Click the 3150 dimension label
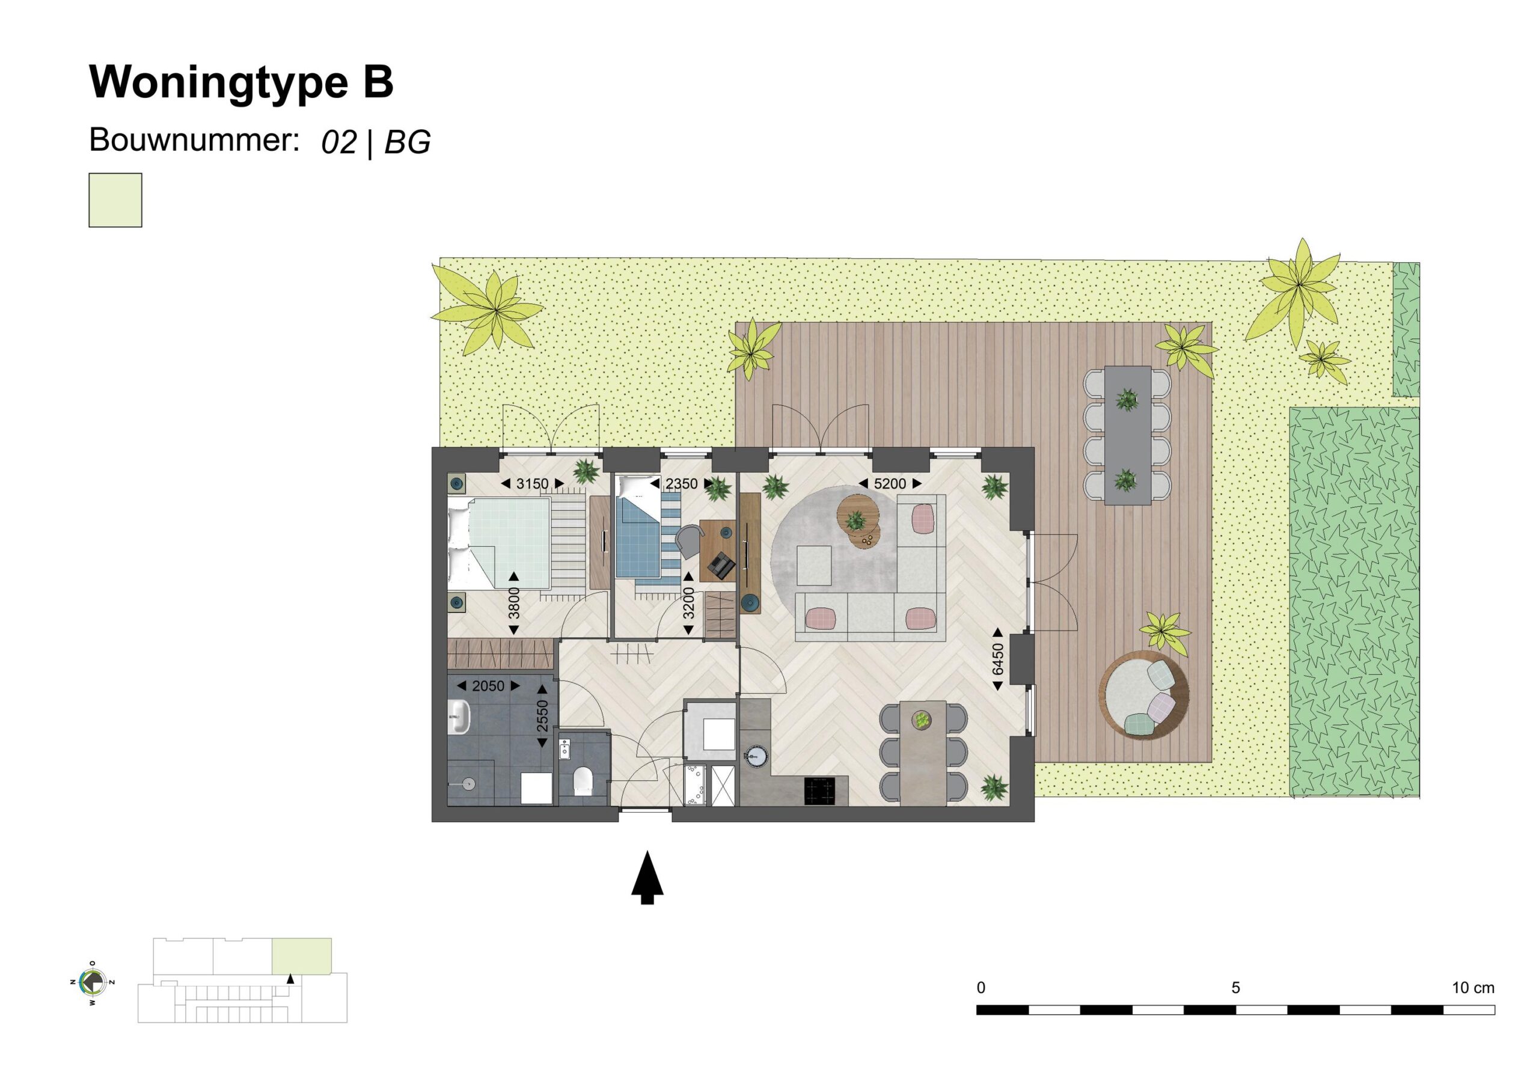pyautogui.click(x=532, y=484)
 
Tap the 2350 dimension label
pyautogui.click(x=681, y=484)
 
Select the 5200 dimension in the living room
pyautogui.click(x=890, y=484)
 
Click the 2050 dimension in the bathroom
pyautogui.click(x=488, y=686)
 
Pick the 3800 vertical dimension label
pyautogui.click(x=514, y=603)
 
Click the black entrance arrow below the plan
pyautogui.click(x=647, y=878)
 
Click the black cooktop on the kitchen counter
pyautogui.click(x=821, y=791)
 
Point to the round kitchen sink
pyautogui.click(x=756, y=756)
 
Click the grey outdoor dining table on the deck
pyautogui.click(x=1127, y=436)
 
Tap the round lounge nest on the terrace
pyautogui.click(x=1143, y=695)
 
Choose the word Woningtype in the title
pyautogui.click(x=218, y=83)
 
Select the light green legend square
pyautogui.click(x=115, y=200)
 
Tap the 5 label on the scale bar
pyautogui.click(x=1235, y=988)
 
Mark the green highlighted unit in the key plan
pyautogui.click(x=301, y=956)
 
